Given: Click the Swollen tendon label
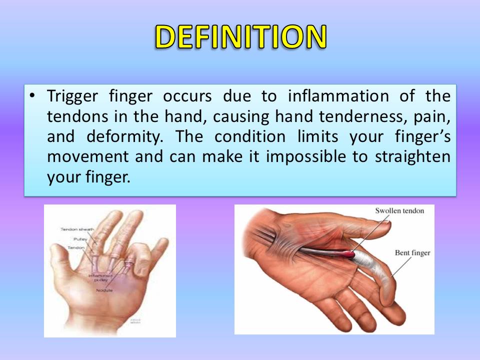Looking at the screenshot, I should (399, 210).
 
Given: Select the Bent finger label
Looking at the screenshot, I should (412, 253).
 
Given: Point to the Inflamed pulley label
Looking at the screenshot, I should (99, 278).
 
